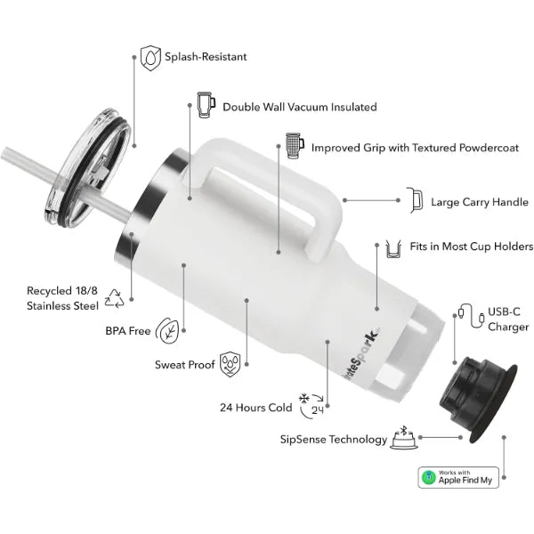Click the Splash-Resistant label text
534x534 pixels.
click(206, 57)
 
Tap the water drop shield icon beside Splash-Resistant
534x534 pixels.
click(150, 58)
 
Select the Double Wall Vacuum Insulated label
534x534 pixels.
click(300, 107)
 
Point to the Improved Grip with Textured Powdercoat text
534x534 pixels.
click(415, 148)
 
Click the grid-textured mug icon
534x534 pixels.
click(295, 146)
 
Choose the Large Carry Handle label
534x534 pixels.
click(480, 202)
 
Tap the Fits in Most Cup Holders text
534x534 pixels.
click(472, 247)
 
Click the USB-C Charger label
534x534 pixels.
click(508, 320)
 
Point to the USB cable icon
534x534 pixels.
click(472, 316)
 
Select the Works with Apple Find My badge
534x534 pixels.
click(458, 477)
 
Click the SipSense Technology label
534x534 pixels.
click(334, 440)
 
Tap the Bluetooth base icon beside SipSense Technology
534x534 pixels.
click(404, 438)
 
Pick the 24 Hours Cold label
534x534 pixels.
click(255, 408)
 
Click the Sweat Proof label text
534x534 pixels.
click(184, 365)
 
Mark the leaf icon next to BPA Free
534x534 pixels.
click(167, 330)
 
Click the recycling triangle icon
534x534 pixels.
click(114, 299)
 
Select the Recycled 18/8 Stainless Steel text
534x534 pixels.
click(62, 298)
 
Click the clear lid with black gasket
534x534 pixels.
click(88, 167)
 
